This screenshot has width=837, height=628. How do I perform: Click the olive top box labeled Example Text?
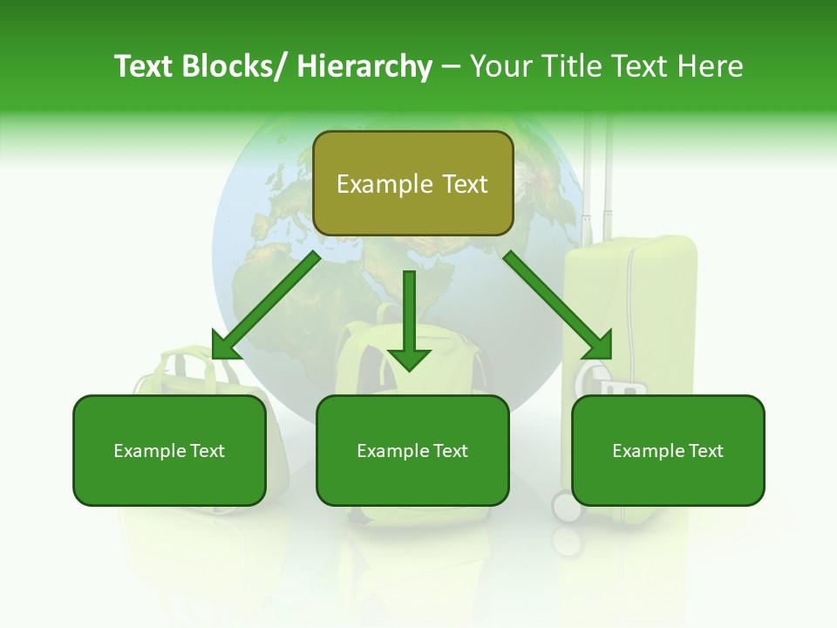coord(412,183)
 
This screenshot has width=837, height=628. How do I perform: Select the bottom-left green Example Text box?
coord(169,450)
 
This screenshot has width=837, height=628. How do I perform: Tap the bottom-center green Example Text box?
coord(412,450)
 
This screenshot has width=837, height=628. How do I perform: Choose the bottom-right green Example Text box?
coord(668,450)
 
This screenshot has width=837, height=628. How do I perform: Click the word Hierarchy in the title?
coord(364,66)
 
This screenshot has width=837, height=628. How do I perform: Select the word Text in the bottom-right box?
coord(704,450)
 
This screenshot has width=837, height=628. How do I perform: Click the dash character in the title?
coord(451,66)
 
